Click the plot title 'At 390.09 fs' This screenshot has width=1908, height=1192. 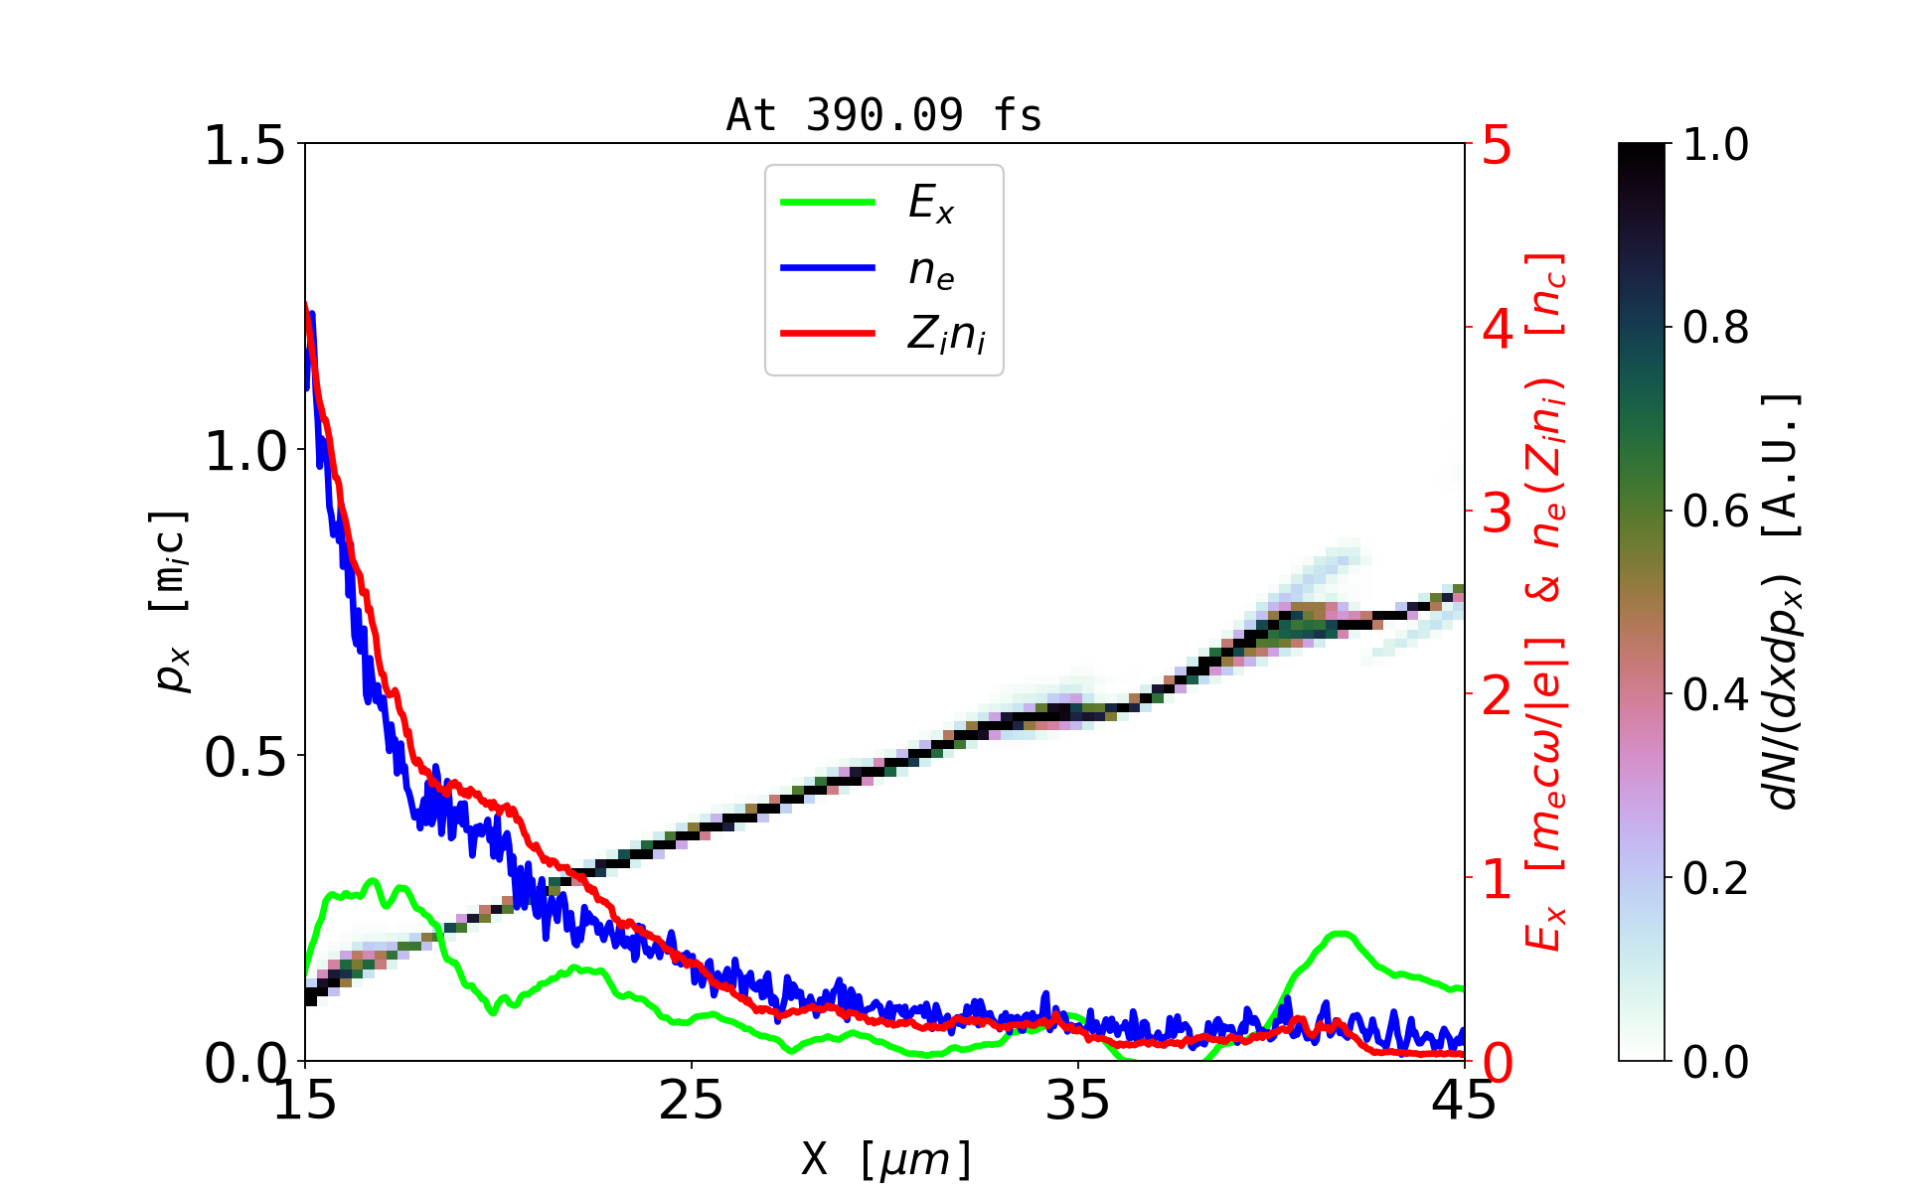tap(883, 115)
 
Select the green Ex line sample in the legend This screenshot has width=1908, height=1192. tap(828, 203)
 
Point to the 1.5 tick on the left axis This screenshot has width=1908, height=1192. tap(244, 146)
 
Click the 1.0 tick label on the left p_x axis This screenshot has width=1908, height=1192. tap(244, 452)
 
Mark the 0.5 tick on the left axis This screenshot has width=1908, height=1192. tap(244, 758)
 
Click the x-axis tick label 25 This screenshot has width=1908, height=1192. tap(691, 1101)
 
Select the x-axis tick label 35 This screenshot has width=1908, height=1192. tap(1078, 1101)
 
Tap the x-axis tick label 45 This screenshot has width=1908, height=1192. tap(1464, 1101)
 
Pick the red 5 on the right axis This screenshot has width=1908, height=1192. tap(1498, 146)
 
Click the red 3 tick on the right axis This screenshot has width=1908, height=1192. tap(1498, 513)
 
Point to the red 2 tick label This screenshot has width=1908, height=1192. tap(1498, 696)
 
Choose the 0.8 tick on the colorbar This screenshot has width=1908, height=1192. tap(1716, 327)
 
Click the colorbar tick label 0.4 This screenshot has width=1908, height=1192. tap(1716, 694)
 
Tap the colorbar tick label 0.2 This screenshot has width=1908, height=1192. tap(1716, 878)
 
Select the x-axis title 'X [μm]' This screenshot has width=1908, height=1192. tap(887, 1158)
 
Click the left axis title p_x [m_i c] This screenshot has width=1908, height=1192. tap(171, 602)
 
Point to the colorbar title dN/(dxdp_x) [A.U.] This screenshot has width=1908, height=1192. tap(1784, 602)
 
